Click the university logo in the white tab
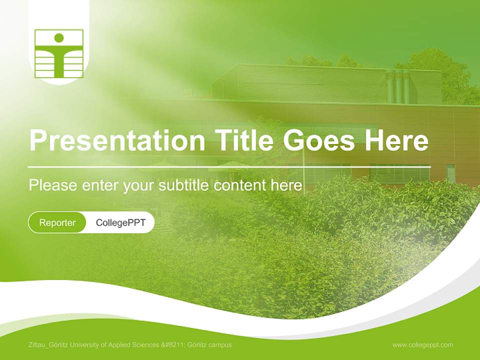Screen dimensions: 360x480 click(x=59, y=53)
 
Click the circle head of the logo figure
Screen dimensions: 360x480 click(x=59, y=37)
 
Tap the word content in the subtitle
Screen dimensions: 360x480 click(x=240, y=185)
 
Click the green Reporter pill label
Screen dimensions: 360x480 click(x=57, y=222)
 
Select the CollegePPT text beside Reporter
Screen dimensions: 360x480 click(x=120, y=222)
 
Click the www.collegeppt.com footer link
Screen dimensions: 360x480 click(x=422, y=344)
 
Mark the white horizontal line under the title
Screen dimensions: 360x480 click(x=229, y=166)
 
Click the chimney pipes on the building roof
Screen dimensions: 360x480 click(x=398, y=86)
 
